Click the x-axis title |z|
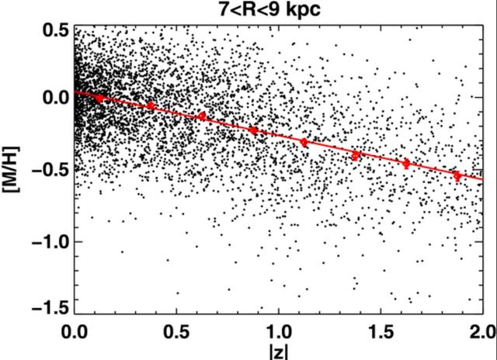point(280,351)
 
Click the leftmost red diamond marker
point(99,98)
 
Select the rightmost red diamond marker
point(457,176)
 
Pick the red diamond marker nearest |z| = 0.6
point(202,116)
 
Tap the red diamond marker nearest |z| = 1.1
point(304,142)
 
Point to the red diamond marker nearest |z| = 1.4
point(356,155)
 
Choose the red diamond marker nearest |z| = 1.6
point(406,163)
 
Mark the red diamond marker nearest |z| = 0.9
point(253,130)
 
